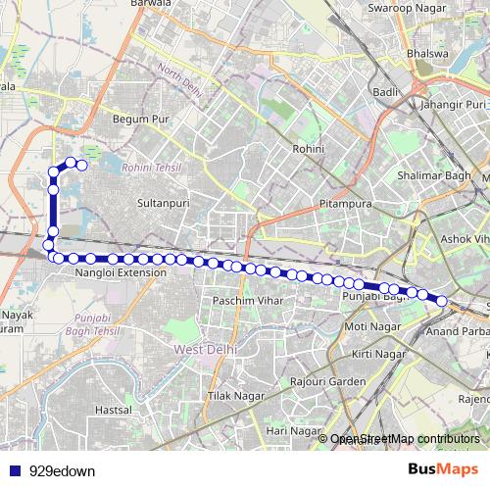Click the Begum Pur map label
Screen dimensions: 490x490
coord(141,120)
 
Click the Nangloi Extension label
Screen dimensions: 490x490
coord(121,272)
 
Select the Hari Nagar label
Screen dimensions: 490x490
coord(294,430)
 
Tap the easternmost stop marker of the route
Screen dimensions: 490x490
coord(442,301)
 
